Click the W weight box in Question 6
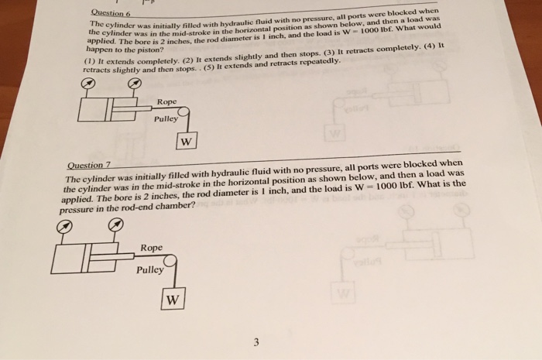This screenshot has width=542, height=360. pyautogui.click(x=187, y=142)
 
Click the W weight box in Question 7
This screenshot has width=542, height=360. pyautogui.click(x=173, y=299)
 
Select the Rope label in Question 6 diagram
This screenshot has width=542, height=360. pyautogui.click(x=166, y=101)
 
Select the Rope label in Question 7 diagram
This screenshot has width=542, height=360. pyautogui.click(x=152, y=248)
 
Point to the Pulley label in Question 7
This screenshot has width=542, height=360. pyautogui.click(x=150, y=270)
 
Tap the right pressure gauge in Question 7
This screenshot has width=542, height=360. pyautogui.click(x=117, y=225)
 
